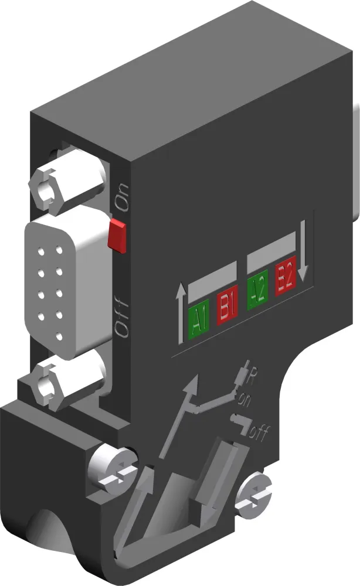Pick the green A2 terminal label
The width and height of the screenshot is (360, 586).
258,287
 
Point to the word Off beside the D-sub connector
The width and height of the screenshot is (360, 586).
121,316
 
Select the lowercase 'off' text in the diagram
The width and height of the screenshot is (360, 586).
259,434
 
